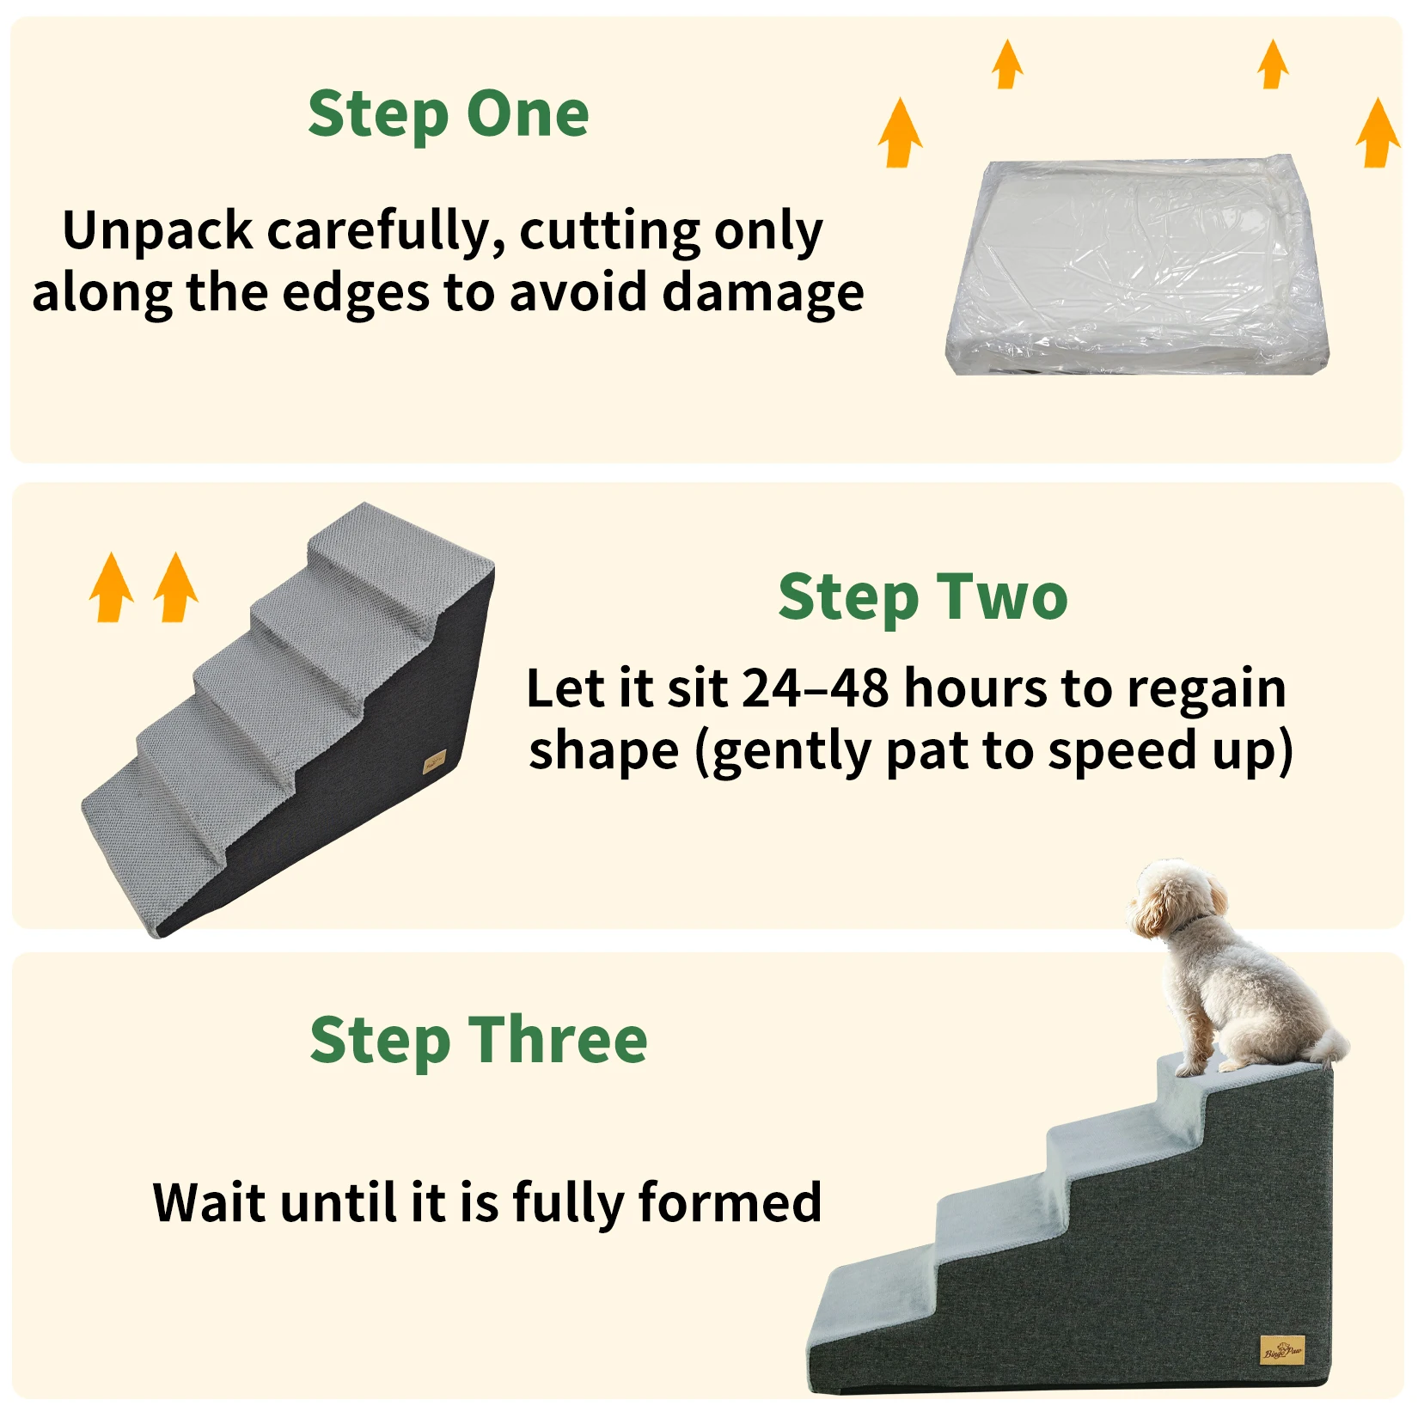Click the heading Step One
click(448, 115)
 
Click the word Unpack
click(158, 233)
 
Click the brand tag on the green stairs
click(1282, 1349)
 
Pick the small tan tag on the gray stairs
click(436, 761)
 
